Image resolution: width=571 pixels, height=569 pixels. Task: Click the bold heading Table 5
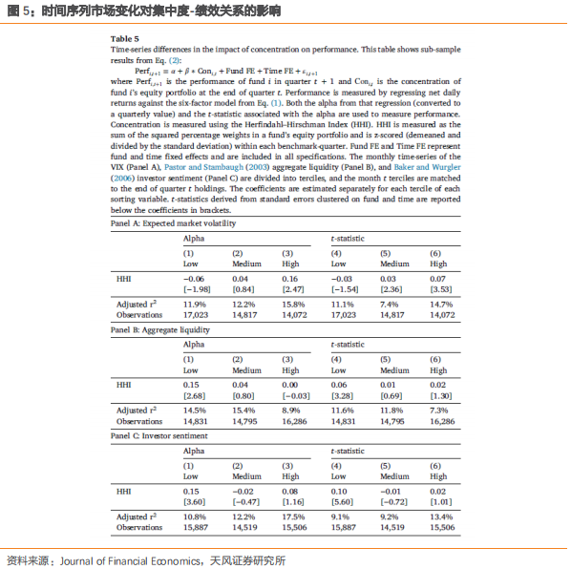coord(124,38)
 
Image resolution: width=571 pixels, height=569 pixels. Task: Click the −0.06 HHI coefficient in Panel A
coord(195,277)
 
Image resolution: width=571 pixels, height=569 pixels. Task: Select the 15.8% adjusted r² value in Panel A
coord(292,304)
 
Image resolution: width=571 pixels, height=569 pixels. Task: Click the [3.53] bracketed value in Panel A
coord(438,288)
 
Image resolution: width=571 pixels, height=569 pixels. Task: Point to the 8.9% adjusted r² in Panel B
coord(292,409)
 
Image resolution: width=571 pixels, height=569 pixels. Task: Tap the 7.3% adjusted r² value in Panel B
coord(438,409)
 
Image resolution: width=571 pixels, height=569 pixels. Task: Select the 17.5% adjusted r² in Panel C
coord(292,516)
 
